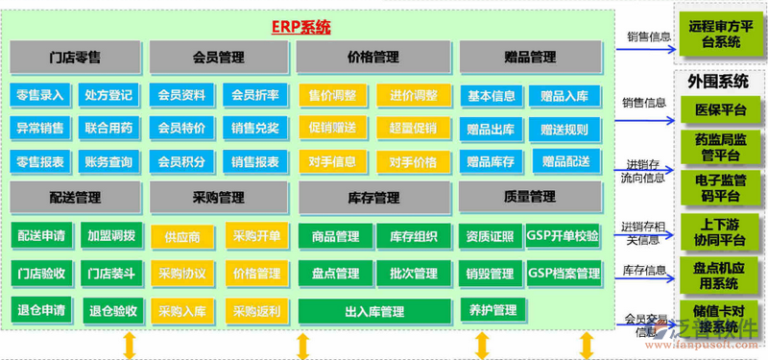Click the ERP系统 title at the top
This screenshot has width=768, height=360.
point(300,27)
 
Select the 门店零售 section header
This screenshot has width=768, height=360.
point(74,58)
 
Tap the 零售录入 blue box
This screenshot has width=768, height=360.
point(40,96)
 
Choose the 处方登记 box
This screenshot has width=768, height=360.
point(109,96)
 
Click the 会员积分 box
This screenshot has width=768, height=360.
point(181,161)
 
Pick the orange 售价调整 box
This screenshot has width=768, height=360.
point(332,96)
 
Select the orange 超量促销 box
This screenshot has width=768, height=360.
point(414,129)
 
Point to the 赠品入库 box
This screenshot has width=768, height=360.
point(564,96)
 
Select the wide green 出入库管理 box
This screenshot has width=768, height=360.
point(373,311)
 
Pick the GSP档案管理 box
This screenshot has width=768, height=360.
point(564,274)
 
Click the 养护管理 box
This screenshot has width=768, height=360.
point(492,311)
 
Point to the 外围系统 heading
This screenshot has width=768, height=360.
point(718,83)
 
